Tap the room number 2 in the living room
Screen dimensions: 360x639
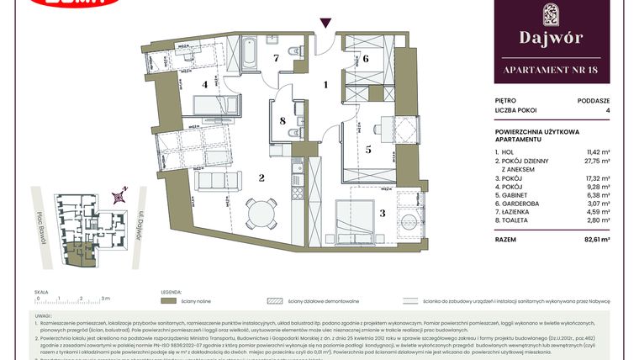261,177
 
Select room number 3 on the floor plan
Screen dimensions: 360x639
383,214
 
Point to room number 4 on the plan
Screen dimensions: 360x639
204,84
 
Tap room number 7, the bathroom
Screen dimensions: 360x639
274,58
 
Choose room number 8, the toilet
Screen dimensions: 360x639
283,121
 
